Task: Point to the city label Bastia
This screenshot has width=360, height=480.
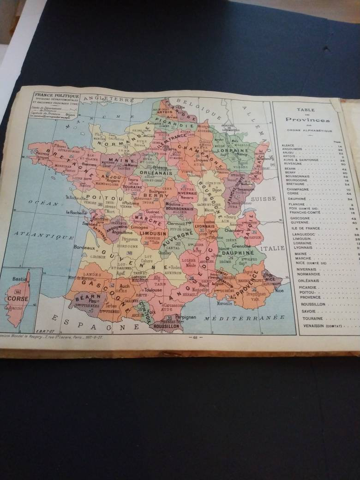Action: pos(19,279)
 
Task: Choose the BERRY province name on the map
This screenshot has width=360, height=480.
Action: pos(159,196)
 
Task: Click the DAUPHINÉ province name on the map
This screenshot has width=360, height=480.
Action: pos(238,253)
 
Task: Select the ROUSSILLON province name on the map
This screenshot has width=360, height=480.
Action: pos(166,326)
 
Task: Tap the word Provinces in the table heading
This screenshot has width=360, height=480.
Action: pos(308,120)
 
